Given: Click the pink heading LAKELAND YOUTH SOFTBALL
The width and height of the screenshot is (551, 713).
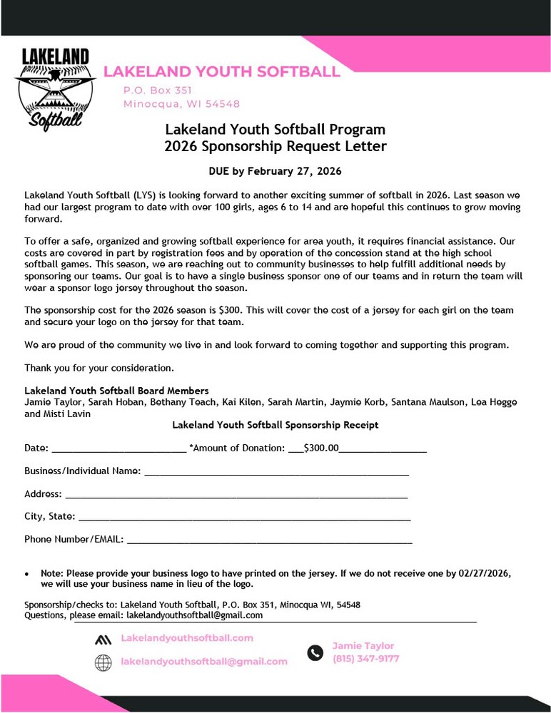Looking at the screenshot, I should coord(222,71).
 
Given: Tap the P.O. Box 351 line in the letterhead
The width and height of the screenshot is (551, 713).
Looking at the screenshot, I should coord(158,91).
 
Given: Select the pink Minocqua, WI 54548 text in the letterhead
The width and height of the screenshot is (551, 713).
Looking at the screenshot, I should coord(181,103).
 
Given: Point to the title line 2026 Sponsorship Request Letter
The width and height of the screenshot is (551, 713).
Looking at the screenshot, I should coord(275,147).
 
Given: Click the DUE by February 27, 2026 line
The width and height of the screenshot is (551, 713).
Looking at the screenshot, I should coord(275,171).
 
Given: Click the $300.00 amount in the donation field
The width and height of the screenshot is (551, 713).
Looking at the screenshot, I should coord(321,448).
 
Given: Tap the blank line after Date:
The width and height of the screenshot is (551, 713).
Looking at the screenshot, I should coord(118,449).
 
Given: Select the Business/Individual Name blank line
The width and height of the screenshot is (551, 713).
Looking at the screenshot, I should coord(276,472).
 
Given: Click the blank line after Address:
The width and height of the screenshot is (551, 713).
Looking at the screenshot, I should coord(236,495).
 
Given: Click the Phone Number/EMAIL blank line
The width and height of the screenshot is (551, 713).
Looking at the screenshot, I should coord(269,540).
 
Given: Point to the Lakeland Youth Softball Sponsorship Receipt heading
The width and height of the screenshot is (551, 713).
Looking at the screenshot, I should coord(275,425).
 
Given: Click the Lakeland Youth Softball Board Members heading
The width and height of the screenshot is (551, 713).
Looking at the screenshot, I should coord(116,391).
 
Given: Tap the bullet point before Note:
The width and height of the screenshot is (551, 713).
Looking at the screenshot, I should coord(27,573).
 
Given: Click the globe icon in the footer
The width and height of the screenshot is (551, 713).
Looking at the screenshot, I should coord(103,662).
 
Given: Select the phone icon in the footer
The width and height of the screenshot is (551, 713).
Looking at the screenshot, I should coord(315,652).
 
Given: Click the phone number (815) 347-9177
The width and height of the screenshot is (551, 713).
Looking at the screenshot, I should coord(365,659).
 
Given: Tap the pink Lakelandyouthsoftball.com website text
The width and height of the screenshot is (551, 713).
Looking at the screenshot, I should coord(187,637).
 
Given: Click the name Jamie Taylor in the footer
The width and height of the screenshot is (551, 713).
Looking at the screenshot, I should coord(363,646).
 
